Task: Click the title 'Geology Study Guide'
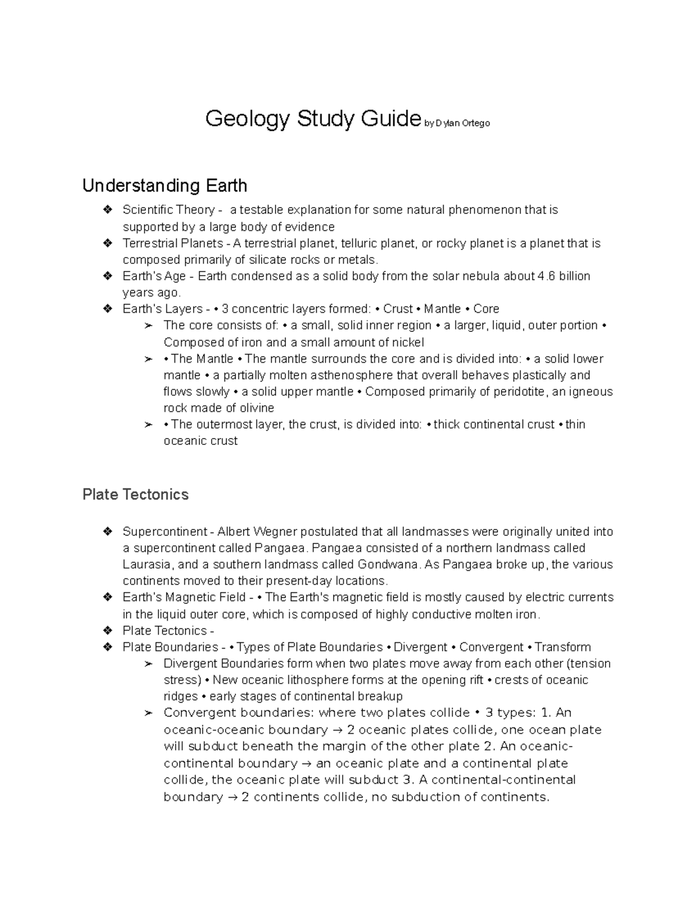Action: coord(313,120)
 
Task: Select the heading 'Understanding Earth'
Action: coord(165,186)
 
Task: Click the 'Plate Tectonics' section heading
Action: coord(136,494)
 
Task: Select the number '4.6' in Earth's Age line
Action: coord(546,276)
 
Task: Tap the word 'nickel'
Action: coord(407,342)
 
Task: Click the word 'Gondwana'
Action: coord(389,565)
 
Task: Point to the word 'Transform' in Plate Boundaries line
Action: coord(563,647)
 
